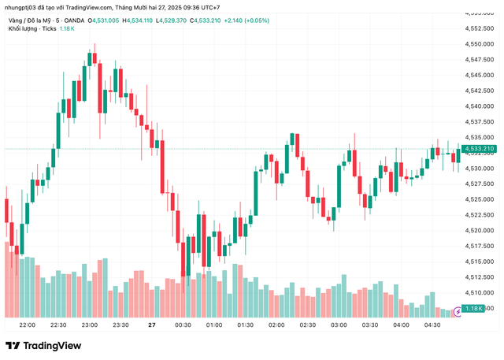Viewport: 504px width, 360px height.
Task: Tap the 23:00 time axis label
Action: point(90,325)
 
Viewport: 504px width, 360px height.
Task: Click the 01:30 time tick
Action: point(245,325)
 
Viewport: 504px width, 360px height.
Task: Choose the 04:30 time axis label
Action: point(432,325)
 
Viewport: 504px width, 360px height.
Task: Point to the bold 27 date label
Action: point(152,325)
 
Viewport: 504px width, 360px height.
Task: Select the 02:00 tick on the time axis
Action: point(276,325)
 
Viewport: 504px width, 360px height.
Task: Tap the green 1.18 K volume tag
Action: point(474,309)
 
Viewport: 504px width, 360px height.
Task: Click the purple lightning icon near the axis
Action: point(457,313)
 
